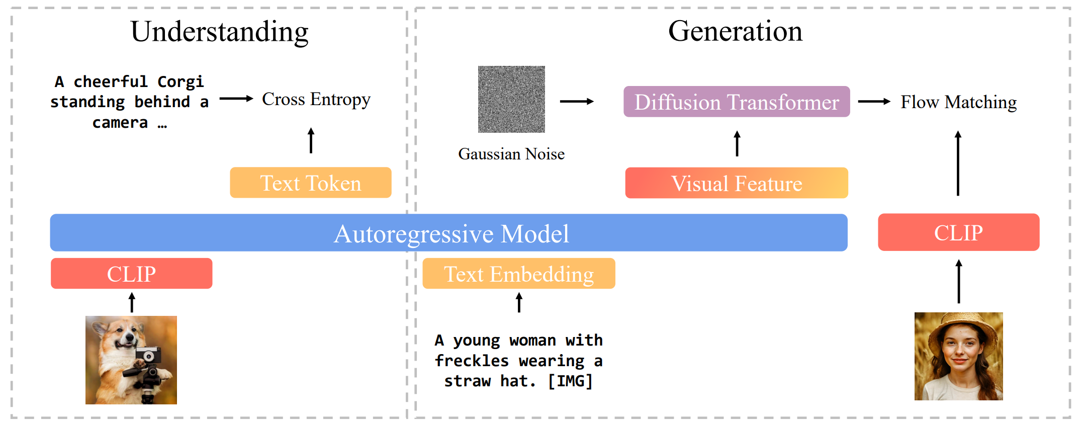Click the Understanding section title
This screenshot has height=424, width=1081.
tap(219, 32)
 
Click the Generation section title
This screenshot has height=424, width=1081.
tap(735, 31)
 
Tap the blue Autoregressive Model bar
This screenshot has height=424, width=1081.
tap(448, 233)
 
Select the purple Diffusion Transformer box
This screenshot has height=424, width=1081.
tap(737, 102)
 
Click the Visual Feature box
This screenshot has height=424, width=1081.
tap(737, 183)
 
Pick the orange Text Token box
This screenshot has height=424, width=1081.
tap(310, 183)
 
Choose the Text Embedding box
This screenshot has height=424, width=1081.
tap(518, 274)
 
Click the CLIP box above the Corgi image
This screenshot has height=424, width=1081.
tap(131, 274)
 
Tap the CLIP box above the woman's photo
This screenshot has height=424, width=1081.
tap(958, 232)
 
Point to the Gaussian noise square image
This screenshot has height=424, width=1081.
tap(511, 99)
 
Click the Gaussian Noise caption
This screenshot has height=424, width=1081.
tap(511, 154)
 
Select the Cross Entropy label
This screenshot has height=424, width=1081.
tap(316, 99)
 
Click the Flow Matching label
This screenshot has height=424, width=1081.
tap(958, 102)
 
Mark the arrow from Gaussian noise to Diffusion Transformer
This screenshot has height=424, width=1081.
tap(577, 102)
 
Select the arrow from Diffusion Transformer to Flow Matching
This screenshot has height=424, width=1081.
tap(874, 102)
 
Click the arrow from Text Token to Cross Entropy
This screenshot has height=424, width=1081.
tap(311, 140)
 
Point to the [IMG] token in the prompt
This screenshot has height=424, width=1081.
tap(570, 381)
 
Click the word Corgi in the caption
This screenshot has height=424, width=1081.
tap(181, 81)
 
